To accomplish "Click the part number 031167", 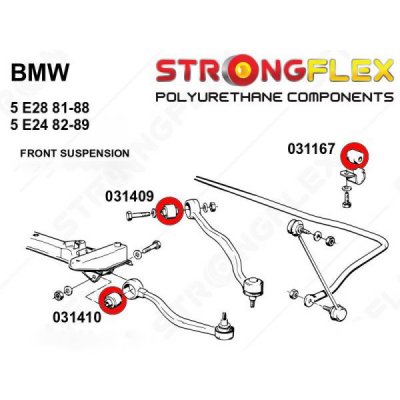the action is [311, 149].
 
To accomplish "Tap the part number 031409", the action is [129, 196].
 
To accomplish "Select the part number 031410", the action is [77, 317].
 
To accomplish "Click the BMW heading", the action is [40, 72].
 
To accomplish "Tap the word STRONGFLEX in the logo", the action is [275, 70].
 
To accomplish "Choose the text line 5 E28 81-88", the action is [50, 108].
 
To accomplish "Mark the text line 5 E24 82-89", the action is [50, 125].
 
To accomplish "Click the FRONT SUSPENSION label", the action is [75, 153].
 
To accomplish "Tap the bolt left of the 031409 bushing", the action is [139, 215].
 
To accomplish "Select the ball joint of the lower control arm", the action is [225, 328].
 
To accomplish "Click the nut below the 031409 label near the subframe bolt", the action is [137, 256].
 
